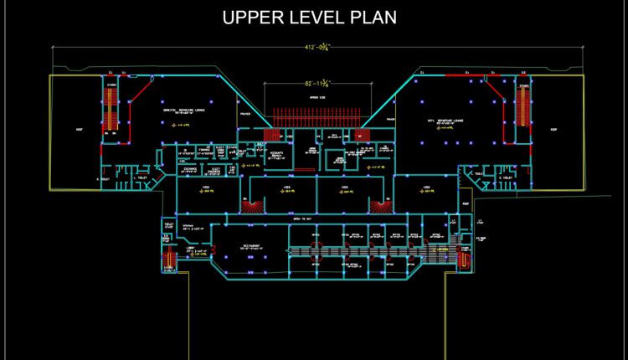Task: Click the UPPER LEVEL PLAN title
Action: pos(309,17)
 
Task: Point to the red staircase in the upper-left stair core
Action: pos(108,109)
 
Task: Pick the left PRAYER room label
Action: pos(245,114)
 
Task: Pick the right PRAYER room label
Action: pos(389,120)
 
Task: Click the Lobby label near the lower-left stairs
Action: pos(190,247)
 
